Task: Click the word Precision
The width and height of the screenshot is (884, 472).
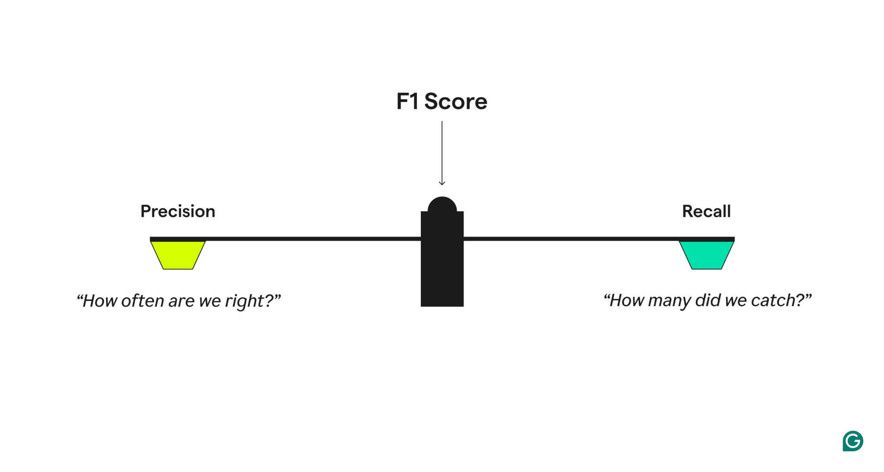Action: [x=177, y=211]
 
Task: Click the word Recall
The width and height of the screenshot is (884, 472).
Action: [x=706, y=211]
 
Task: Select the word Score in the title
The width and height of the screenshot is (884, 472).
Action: [x=456, y=102]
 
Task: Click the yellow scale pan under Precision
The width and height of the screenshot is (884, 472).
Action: [x=178, y=255]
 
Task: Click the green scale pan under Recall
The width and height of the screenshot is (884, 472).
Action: [x=707, y=255]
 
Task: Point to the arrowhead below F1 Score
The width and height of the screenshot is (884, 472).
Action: [x=442, y=183]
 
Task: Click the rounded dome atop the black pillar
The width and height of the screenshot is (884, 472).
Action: [x=442, y=204]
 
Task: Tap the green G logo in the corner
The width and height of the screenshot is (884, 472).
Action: [x=852, y=441]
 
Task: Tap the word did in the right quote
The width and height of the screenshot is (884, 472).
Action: [x=708, y=300]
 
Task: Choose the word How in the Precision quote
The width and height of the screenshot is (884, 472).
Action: [x=99, y=301]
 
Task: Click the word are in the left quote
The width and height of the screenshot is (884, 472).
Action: [x=181, y=301]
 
